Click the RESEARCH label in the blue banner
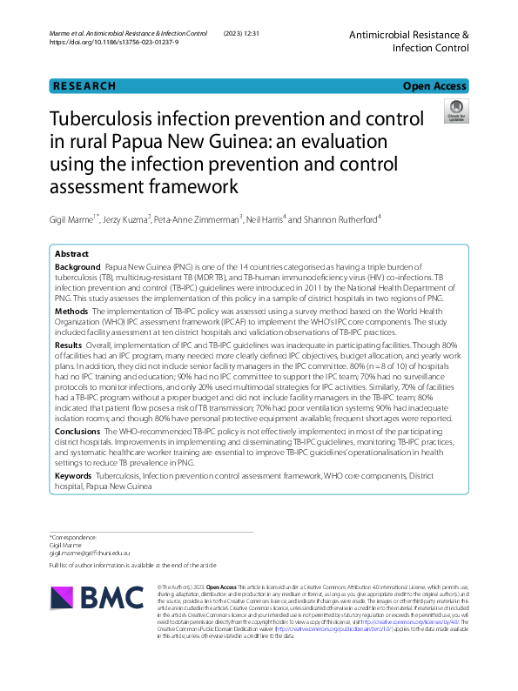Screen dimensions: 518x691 [x=84, y=86]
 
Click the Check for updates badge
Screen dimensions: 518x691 [x=455, y=111]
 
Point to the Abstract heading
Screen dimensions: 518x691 [x=71, y=253]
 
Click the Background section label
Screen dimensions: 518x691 [x=77, y=267]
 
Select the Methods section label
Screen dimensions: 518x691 [x=71, y=311]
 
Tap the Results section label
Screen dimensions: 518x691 [x=69, y=345]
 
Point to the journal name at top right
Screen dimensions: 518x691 [x=409, y=41]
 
